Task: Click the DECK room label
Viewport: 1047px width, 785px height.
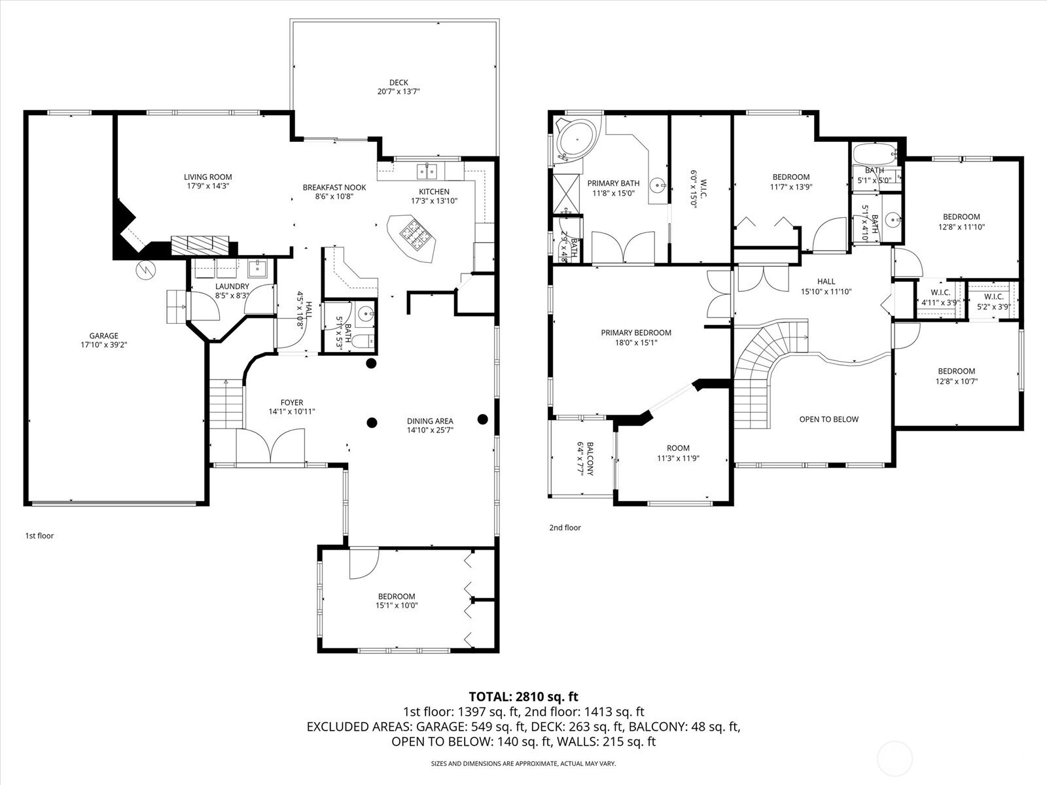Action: pos(399,82)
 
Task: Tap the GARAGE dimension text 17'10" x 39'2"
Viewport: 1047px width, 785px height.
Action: pos(104,345)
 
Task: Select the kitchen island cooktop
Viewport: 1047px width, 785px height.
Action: pos(416,233)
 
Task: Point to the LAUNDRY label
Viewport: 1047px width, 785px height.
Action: pos(232,286)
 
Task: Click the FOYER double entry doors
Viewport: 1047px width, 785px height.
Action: pos(270,445)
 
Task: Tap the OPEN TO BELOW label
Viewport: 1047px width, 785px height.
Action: pos(828,419)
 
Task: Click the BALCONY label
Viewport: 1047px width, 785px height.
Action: pos(590,459)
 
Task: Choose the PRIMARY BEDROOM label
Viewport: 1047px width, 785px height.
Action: pos(636,333)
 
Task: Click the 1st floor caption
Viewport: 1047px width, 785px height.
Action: pos(40,536)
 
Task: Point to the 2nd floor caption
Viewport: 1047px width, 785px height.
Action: pos(565,528)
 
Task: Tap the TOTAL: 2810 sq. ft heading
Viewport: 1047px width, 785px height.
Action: pos(523,697)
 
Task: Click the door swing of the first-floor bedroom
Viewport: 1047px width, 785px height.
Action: pos(363,564)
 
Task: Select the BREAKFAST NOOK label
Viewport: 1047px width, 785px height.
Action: pos(334,187)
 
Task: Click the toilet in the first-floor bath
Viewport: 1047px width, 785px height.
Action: pos(367,341)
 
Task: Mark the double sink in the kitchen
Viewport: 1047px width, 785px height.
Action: pos(427,170)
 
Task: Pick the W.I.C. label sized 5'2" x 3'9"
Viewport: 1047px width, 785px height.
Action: pos(993,297)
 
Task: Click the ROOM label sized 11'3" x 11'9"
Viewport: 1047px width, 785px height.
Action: pos(678,448)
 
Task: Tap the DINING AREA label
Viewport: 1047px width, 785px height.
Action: pos(430,421)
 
